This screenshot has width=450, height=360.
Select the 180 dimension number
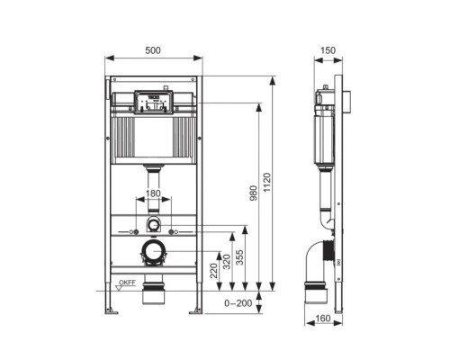pos(154,193)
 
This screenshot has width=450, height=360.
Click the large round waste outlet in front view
pos(154,253)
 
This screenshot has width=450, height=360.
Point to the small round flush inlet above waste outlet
pos(154,223)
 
